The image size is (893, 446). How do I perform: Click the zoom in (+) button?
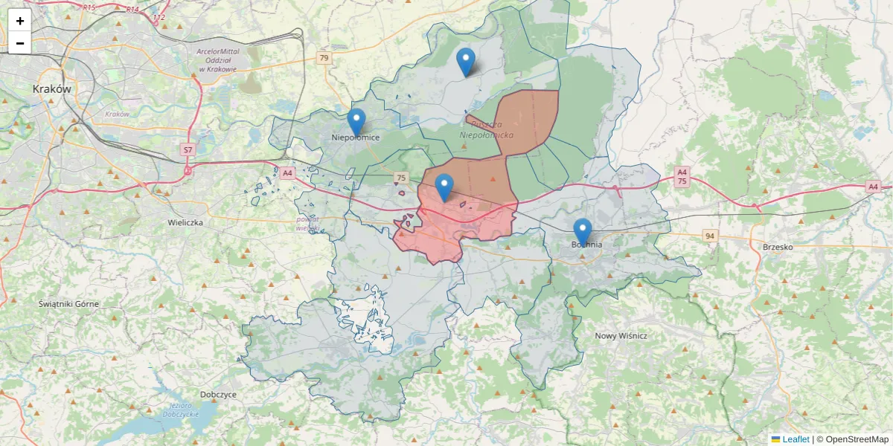(19, 21)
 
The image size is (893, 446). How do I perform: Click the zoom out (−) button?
(19, 43)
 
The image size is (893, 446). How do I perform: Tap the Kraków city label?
(52, 88)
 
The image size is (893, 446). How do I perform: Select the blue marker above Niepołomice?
(356, 122)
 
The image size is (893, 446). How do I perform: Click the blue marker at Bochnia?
(583, 231)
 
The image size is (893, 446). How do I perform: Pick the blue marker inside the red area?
(444, 187)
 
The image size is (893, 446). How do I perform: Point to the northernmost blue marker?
(466, 61)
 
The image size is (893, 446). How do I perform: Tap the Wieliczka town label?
(186, 222)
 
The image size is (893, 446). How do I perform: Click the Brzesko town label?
(778, 247)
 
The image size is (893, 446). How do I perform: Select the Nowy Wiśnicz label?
(621, 336)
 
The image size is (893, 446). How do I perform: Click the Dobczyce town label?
(218, 394)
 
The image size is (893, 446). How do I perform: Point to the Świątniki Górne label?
(68, 304)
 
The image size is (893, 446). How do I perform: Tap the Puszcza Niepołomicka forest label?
(487, 129)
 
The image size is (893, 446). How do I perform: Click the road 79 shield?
(323, 58)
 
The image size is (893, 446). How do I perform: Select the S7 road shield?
(188, 150)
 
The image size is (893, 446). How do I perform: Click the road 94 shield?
(711, 236)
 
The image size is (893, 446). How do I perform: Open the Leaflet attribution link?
(795, 439)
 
